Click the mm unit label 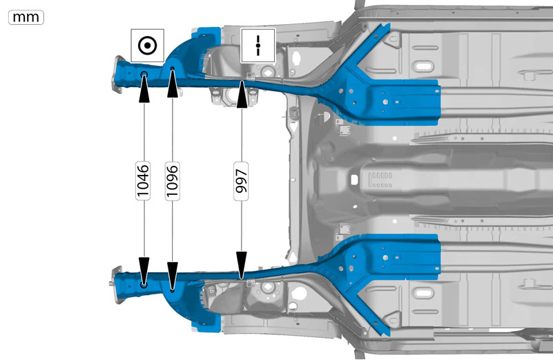pyautogui.click(x=26, y=17)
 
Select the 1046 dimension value pyautogui.click(x=143, y=181)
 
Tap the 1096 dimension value pyautogui.click(x=172, y=181)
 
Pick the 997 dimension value pyautogui.click(x=241, y=181)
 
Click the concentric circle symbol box pyautogui.click(x=148, y=46)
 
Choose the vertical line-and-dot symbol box pyautogui.click(x=258, y=46)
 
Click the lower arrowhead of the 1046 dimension pyautogui.click(x=144, y=271)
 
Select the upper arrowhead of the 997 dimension pyautogui.click(x=242, y=94)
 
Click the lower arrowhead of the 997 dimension pyautogui.click(x=242, y=265)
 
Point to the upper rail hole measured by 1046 pyautogui.click(x=144, y=74)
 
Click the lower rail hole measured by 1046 pyautogui.click(x=144, y=285)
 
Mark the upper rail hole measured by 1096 pyautogui.click(x=173, y=68)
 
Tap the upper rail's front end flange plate pyautogui.click(x=118, y=75)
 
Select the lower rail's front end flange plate pyautogui.click(x=117, y=285)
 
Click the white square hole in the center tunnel pyautogui.click(x=354, y=180)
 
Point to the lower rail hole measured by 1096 pyautogui.click(x=172, y=291)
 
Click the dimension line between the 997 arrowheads pyautogui.click(x=242, y=180)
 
